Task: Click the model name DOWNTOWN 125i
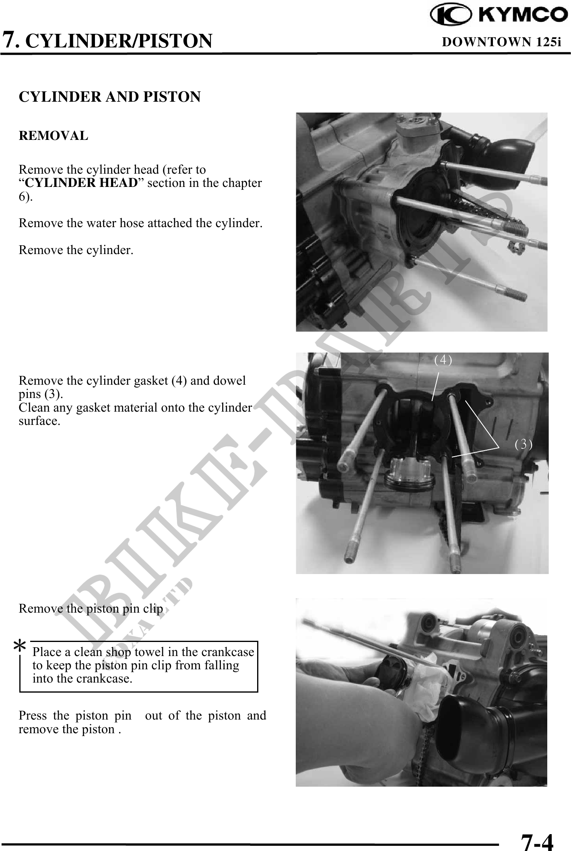coord(501,42)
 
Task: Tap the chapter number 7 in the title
coord(10,40)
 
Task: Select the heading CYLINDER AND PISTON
coord(109,97)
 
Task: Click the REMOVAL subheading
coord(54,136)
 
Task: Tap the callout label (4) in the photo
coord(443,360)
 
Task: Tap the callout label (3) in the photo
coord(524,444)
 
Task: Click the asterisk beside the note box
coord(19,646)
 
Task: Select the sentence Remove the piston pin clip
coord(91,609)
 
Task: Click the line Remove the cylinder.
coord(76,250)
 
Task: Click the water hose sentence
coord(141,224)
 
